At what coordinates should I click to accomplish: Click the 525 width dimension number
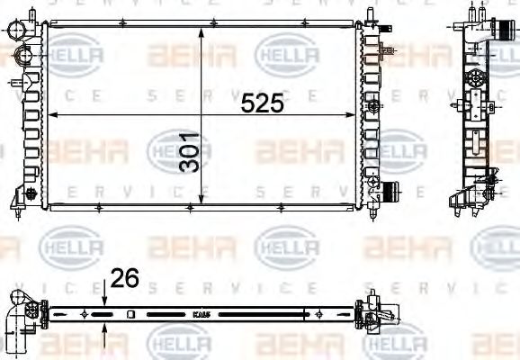(x=262, y=103)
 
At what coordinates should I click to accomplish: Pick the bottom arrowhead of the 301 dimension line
(x=201, y=201)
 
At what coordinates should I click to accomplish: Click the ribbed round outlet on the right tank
(x=390, y=192)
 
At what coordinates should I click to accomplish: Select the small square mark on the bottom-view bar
(x=131, y=314)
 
